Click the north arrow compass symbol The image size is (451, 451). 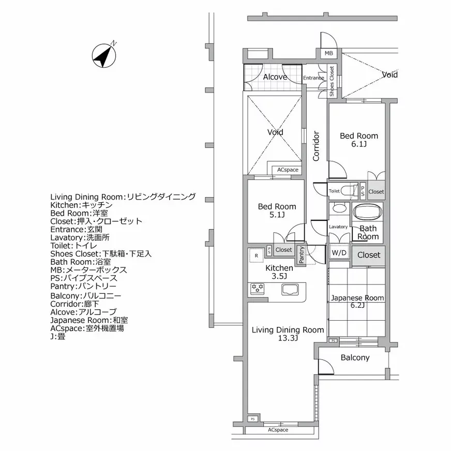pyautogui.click(x=103, y=55)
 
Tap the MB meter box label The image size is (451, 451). pyautogui.click(x=329, y=54)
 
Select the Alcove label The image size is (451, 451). pyautogui.click(x=275, y=77)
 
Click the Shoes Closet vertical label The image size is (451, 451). pyautogui.click(x=332, y=81)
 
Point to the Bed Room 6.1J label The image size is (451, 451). pyautogui.click(x=358, y=140)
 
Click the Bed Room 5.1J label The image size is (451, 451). pyautogui.click(x=277, y=211)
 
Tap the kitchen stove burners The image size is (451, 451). pyautogui.click(x=257, y=289)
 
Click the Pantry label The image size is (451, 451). pyautogui.click(x=302, y=253)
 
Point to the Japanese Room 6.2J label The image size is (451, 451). pyautogui.click(x=357, y=302)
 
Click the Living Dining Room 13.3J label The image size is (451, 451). pyautogui.click(x=288, y=334)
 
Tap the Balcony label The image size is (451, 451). pyautogui.click(x=355, y=358)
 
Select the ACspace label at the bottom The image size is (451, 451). pyautogui.click(x=278, y=430)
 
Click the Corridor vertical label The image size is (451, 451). pyautogui.click(x=317, y=146)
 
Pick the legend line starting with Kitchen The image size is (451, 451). pyautogui.click(x=88, y=205)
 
